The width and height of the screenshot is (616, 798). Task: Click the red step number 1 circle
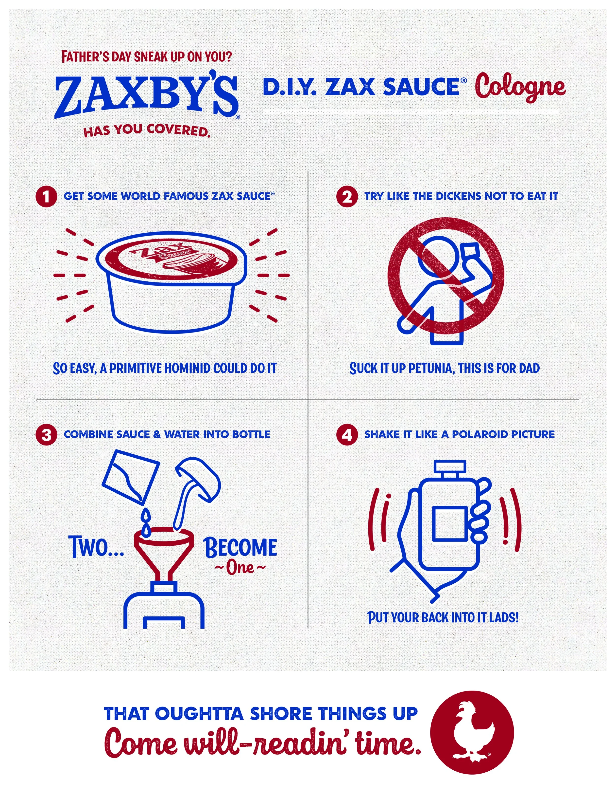(x=46, y=197)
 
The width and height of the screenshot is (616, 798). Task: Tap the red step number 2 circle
(x=347, y=197)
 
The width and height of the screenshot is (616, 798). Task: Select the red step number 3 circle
(x=46, y=435)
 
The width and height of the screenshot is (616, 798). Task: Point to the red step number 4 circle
(x=347, y=435)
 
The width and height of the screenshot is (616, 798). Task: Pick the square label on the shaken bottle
(x=450, y=523)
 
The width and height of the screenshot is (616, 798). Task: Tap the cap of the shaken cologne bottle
(x=450, y=467)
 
